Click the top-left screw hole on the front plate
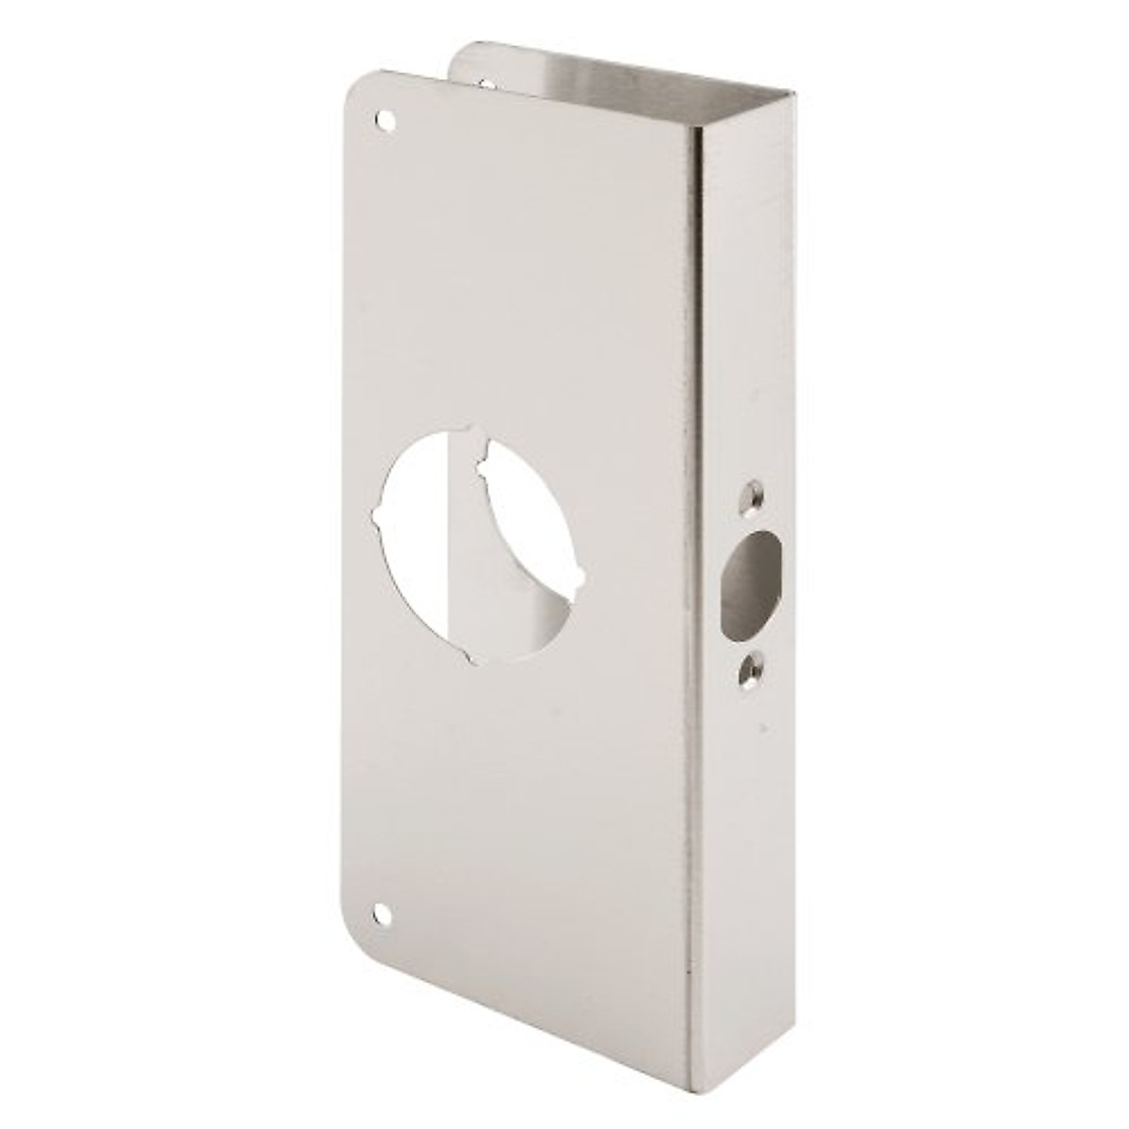384,120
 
